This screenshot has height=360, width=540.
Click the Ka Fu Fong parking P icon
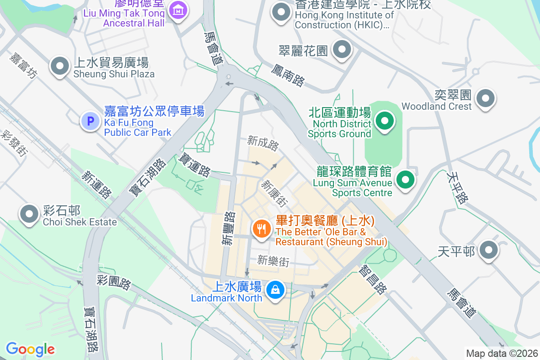tap(90, 121)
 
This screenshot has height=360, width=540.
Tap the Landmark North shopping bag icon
tap(274, 289)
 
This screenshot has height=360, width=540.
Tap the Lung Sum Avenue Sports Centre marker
tap(405, 180)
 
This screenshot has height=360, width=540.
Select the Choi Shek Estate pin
tap(30, 214)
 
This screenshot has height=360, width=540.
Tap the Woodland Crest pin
tap(486, 98)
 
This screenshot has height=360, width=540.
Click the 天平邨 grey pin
tap(488, 250)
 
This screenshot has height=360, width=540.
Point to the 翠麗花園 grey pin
tap(342, 50)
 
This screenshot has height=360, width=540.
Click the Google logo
tap(30, 349)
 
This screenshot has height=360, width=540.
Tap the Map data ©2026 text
tap(501, 353)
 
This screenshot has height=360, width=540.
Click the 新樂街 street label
tap(273, 261)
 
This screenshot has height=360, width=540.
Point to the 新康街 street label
tap(274, 193)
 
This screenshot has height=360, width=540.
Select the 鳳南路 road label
tap(288, 75)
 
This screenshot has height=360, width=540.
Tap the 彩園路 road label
tap(114, 283)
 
